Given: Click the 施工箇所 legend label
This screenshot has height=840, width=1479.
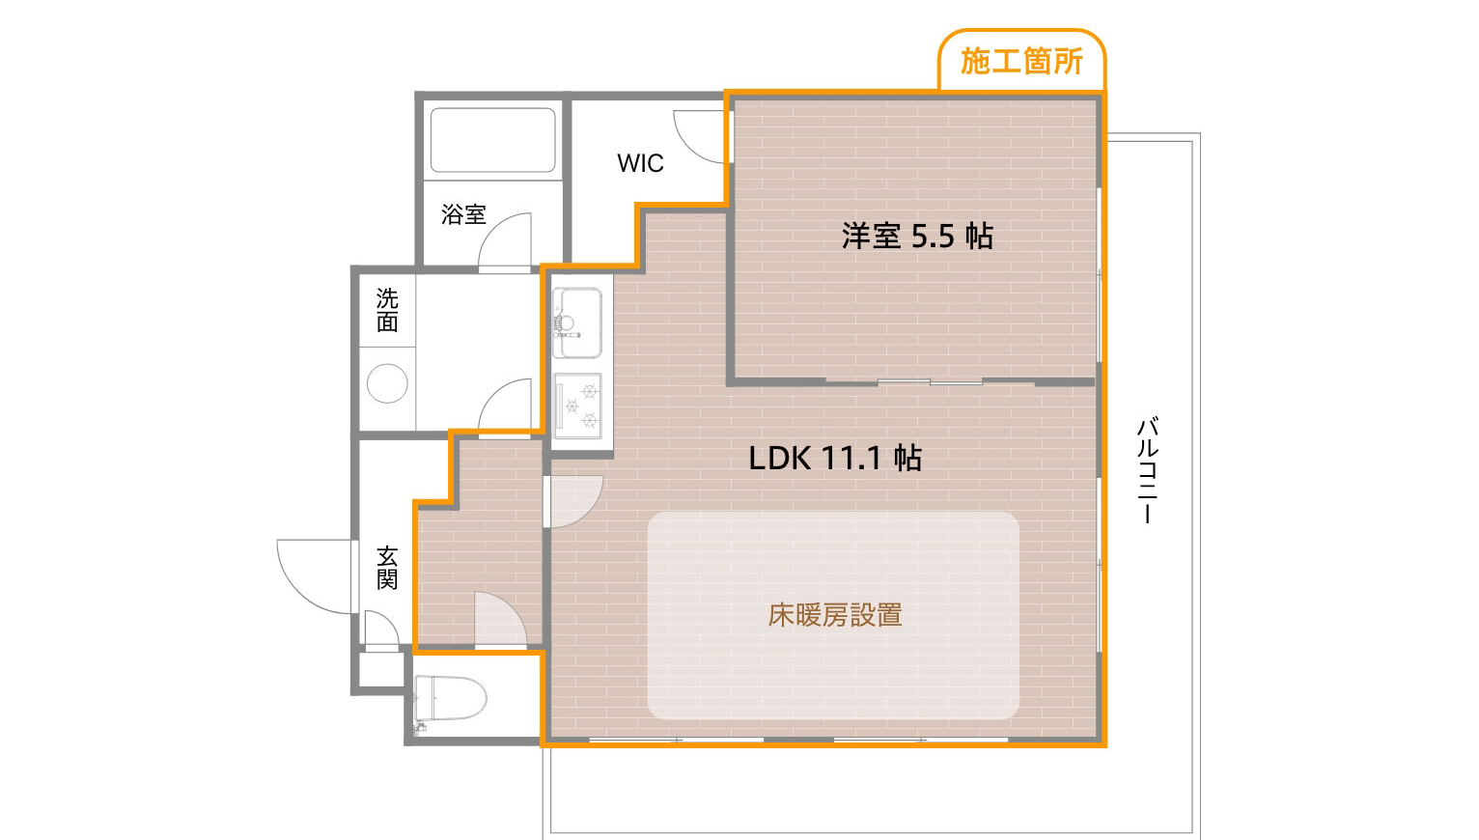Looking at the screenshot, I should pyautogui.click(x=1021, y=62).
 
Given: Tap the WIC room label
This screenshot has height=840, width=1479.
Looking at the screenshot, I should pyautogui.click(x=640, y=163).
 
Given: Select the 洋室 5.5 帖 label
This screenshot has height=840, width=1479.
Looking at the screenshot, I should pyautogui.click(x=916, y=236).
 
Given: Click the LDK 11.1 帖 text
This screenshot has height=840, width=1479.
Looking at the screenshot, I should pyautogui.click(x=835, y=458).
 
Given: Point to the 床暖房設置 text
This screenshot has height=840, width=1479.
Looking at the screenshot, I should pyautogui.click(x=835, y=615).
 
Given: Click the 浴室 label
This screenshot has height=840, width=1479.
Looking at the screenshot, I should pyautogui.click(x=463, y=214).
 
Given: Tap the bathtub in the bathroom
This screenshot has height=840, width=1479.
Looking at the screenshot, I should pyautogui.click(x=492, y=140).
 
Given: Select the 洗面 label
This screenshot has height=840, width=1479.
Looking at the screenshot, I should pyautogui.click(x=387, y=310).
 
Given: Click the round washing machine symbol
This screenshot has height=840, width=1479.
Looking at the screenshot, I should pyautogui.click(x=387, y=383).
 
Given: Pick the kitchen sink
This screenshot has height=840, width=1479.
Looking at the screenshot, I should pyautogui.click(x=576, y=322).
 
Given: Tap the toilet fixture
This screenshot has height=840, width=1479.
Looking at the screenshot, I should pyautogui.click(x=450, y=698).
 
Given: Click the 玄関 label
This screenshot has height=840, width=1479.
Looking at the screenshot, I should pyautogui.click(x=387, y=568).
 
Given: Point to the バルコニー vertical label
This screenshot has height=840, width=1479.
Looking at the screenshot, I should pyautogui.click(x=1146, y=470).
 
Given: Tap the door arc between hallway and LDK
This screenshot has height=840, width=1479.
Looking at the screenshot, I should pyautogui.click(x=575, y=501).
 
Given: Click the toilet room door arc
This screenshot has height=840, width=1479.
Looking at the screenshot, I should pyautogui.click(x=500, y=618).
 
